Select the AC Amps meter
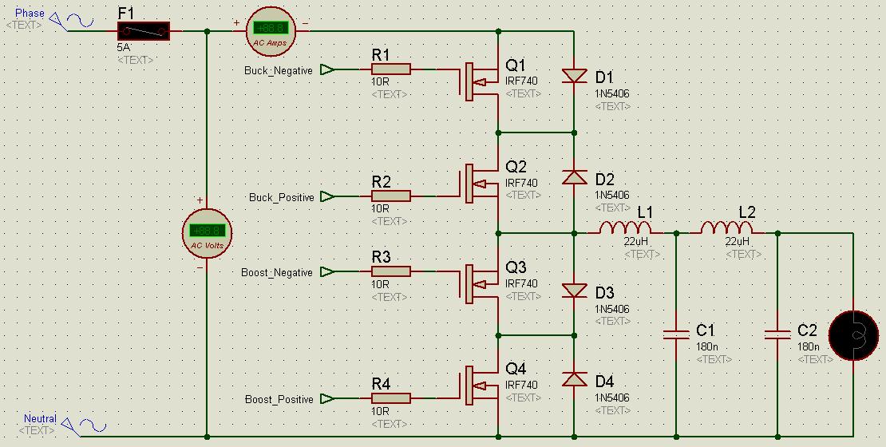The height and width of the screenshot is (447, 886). (x=270, y=30)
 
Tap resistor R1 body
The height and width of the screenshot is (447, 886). (x=391, y=69)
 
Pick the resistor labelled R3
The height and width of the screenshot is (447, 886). (x=391, y=271)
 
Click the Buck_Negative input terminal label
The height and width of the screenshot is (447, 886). (x=279, y=70)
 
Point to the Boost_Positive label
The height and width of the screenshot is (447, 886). (x=279, y=399)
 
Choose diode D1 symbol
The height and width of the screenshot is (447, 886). (x=574, y=76)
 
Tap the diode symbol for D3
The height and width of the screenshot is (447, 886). (x=574, y=291)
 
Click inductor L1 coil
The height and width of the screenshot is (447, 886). (x=625, y=229)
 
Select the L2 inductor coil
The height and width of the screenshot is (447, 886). (x=726, y=229)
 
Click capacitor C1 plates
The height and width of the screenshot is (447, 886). (x=676, y=334)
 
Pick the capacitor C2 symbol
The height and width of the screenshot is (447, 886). (x=777, y=334)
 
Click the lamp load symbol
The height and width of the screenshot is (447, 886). (x=854, y=336)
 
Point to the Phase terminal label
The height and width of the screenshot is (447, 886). (x=30, y=14)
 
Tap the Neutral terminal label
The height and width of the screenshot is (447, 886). (x=40, y=419)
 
